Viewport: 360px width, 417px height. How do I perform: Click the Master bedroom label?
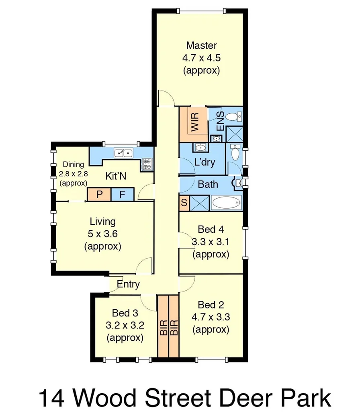click(x=201, y=45)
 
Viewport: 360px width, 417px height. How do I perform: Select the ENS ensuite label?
click(x=221, y=121)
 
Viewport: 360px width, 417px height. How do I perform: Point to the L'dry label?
click(x=205, y=162)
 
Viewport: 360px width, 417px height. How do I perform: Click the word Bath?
click(x=208, y=185)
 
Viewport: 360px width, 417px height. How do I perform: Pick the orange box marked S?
click(x=184, y=203)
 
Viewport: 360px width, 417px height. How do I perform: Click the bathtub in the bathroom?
click(x=226, y=203)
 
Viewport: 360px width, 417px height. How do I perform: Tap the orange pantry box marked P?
click(x=99, y=195)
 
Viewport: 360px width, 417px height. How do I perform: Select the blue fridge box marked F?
click(x=123, y=195)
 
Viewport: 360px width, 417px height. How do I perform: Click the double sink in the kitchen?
click(x=124, y=153)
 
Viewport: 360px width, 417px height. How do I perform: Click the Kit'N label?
click(x=117, y=176)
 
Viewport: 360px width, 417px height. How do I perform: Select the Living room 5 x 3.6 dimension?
click(x=102, y=234)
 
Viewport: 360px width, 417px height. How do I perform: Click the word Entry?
click(x=128, y=284)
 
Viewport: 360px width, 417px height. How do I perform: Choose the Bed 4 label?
click(x=211, y=230)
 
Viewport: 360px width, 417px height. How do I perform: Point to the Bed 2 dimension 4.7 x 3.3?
click(x=211, y=317)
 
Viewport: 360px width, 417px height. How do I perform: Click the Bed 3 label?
click(x=125, y=313)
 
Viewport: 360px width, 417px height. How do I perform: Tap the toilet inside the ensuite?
click(x=233, y=117)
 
